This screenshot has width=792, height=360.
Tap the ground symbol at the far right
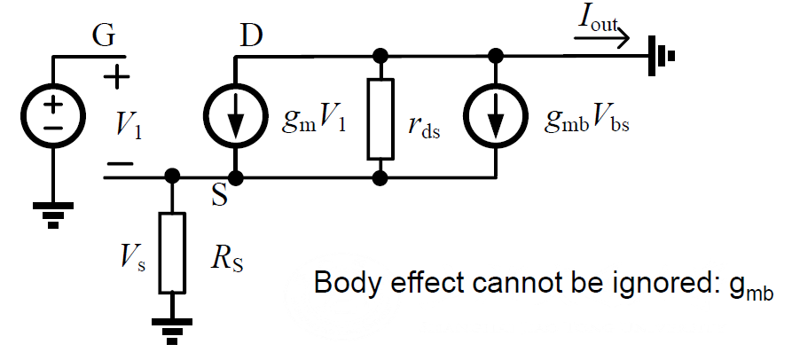pyautogui.click(x=662, y=56)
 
